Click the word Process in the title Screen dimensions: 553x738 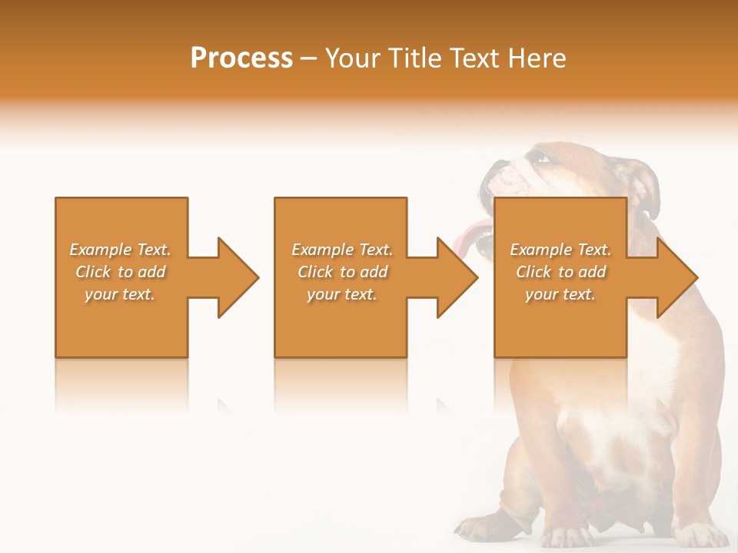click(241, 58)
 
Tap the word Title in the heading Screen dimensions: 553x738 click(413, 58)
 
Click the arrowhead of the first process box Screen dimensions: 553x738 click(238, 277)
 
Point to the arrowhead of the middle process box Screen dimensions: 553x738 click(457, 277)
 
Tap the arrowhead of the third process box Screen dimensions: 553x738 click(676, 277)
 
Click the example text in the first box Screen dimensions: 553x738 click(121, 272)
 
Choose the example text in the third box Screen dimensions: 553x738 click(560, 272)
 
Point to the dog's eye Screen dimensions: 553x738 click(544, 159)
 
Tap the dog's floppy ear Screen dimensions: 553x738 click(643, 188)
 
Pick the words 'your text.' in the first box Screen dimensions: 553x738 click(121, 294)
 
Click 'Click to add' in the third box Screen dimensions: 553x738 click(560, 272)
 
